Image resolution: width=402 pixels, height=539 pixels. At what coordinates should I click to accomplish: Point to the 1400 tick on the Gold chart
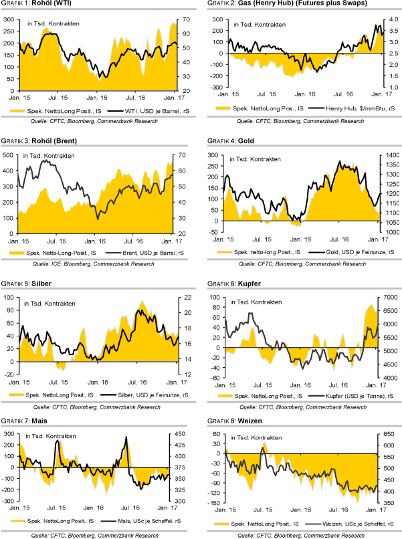click(391, 155)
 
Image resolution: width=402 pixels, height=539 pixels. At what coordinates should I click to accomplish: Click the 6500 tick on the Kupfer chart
click(391, 296)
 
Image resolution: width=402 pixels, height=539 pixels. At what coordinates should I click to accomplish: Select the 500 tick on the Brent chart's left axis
click(8, 154)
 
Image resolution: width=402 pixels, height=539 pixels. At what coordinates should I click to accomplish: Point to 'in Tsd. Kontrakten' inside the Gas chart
click(260, 24)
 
